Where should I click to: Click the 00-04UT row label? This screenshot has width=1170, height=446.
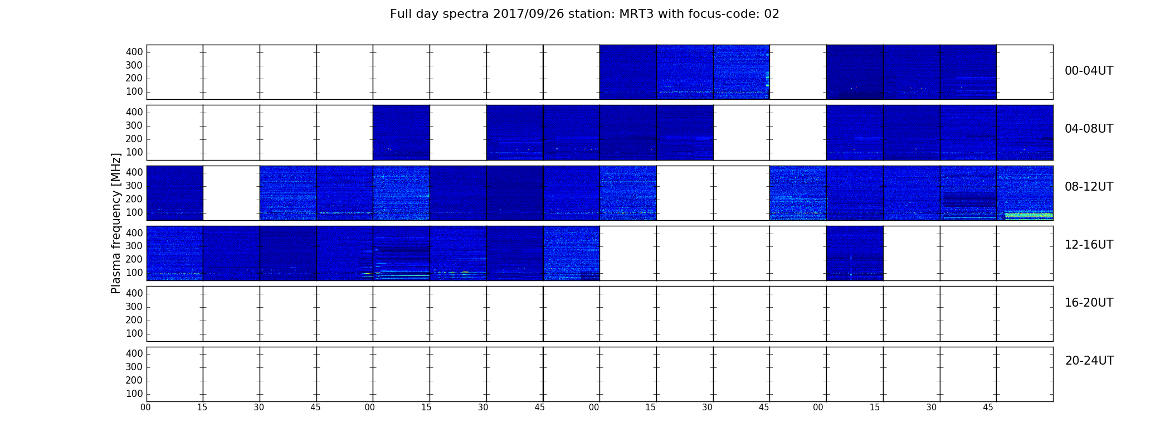[1089, 71]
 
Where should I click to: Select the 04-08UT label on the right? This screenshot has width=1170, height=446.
[1089, 129]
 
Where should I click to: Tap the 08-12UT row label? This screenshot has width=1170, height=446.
[1089, 187]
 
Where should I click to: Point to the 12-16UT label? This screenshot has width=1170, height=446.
[1089, 245]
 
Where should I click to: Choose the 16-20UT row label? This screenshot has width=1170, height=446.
[1089, 303]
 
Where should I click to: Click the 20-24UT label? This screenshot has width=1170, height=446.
[1089, 361]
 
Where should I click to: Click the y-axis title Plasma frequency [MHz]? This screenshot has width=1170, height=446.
[116, 223]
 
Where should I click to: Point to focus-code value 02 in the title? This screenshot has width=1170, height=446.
[772, 14]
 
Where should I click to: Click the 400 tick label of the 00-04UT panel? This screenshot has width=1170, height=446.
[134, 52]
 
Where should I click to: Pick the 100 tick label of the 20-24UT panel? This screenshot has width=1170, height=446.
[134, 394]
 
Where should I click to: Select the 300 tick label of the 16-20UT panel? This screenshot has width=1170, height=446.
[134, 307]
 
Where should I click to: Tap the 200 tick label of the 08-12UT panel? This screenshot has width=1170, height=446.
[134, 199]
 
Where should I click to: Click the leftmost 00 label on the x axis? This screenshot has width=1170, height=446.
[145, 408]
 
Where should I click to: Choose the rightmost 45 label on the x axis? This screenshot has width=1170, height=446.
[988, 408]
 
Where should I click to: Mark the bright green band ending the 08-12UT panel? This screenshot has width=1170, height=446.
[1028, 215]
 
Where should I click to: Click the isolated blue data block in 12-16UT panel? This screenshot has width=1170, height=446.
[855, 253]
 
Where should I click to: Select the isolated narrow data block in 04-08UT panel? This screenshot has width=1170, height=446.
[401, 133]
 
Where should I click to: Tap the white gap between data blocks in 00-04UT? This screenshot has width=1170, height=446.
[798, 72]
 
